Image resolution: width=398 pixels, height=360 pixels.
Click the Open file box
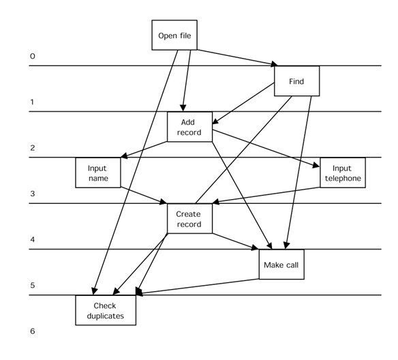coord(174,35)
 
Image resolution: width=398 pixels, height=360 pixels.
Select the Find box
coord(296,81)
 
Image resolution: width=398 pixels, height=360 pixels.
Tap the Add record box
coord(189,127)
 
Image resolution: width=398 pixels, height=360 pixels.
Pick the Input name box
coord(98,172)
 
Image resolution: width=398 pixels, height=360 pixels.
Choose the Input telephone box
coord(343,172)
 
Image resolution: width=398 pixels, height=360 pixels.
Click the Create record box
coord(189,219)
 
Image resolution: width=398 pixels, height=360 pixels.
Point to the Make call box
coord(281,265)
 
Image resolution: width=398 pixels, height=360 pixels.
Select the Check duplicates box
coord(106,310)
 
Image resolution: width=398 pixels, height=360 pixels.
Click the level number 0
coord(33,56)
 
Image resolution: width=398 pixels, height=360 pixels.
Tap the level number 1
coord(32,102)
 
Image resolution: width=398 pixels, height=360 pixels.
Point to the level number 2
coord(33,148)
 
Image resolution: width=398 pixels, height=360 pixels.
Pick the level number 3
coord(33,194)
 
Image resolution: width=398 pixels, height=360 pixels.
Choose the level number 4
coord(33,239)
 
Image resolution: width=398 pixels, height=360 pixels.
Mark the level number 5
coord(33,286)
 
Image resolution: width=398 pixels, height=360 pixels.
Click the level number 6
coord(33,331)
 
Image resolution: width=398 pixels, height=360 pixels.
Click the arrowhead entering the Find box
coord(274,63)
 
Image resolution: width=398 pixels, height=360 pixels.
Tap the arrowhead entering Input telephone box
coord(316,165)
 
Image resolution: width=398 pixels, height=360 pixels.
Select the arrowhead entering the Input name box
coord(124,155)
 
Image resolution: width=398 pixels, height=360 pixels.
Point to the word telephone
coord(343,178)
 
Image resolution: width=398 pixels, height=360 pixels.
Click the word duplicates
coord(106,316)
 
